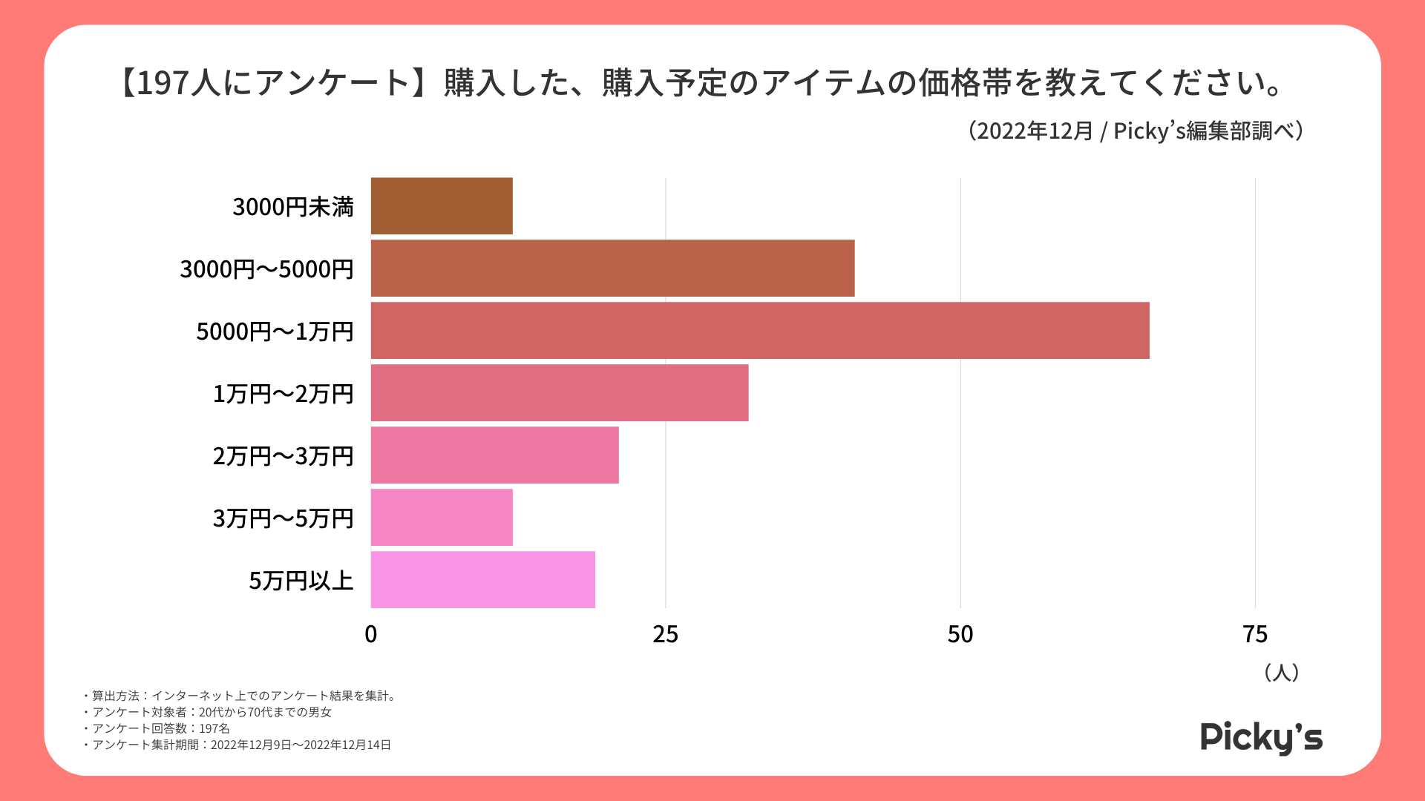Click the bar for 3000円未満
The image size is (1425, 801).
pos(442,206)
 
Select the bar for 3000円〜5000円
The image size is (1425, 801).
pos(612,268)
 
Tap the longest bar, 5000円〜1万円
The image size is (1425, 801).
pos(760,331)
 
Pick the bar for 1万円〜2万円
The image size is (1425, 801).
pos(560,393)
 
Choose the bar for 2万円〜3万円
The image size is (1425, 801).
pos(494,455)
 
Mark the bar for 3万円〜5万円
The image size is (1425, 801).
pos(442,518)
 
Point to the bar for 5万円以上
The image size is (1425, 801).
pos(482,580)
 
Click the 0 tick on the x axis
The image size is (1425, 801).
pos(371,635)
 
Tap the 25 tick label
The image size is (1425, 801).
pos(666,635)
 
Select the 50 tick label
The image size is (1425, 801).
pos(960,635)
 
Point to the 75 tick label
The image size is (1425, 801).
pos(1255,635)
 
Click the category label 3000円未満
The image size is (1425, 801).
pos(293,207)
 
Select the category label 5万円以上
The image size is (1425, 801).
pos(301,581)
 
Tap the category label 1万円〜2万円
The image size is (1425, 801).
pos(284,394)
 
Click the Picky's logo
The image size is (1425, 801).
pos(1261,737)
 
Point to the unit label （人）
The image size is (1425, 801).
pos(1281,673)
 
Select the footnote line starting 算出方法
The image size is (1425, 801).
pos(240,696)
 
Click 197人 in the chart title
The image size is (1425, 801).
pos(175,83)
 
